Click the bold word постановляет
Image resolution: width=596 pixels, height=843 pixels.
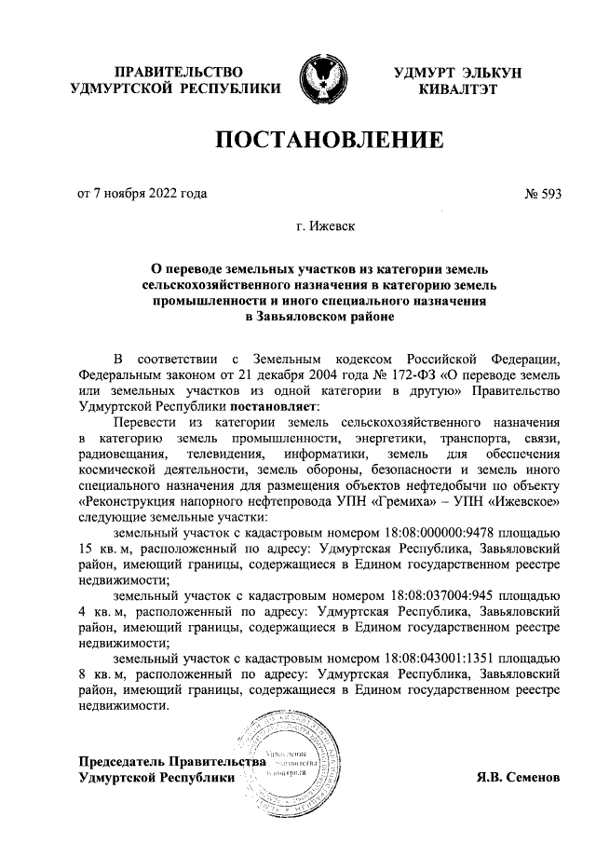coord(273,406)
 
